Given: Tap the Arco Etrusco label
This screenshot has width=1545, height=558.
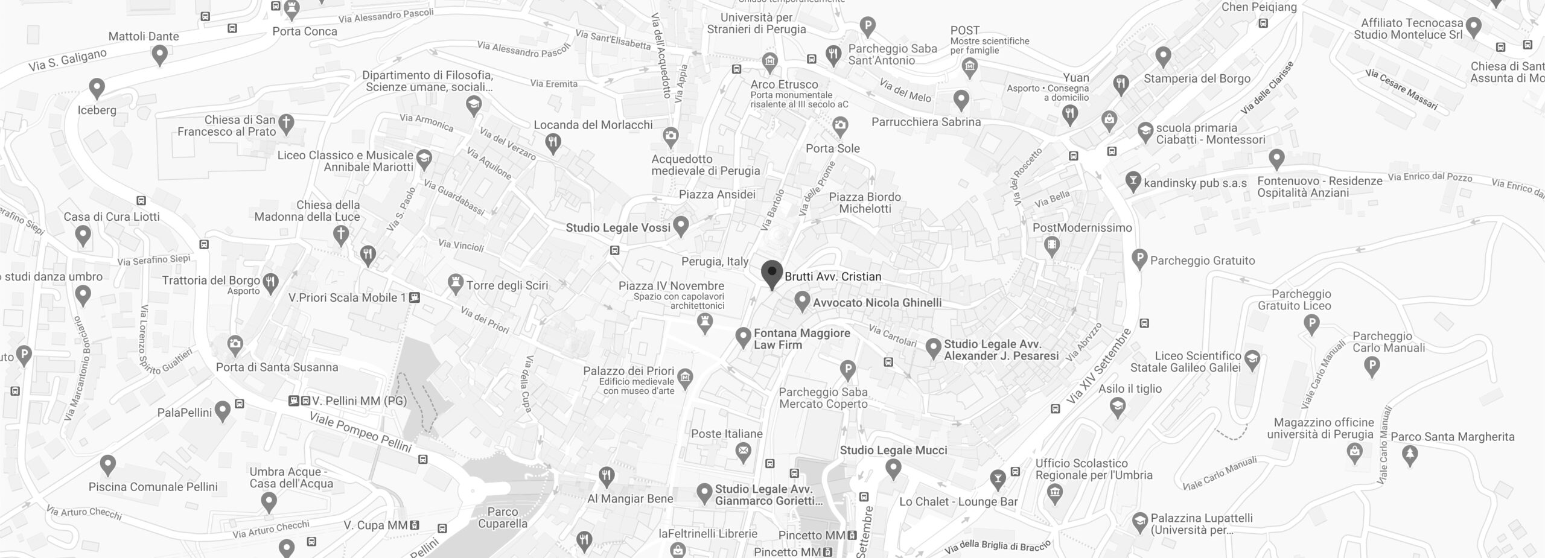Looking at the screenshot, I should coord(784,84).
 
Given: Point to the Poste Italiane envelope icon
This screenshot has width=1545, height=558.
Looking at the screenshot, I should coord(744,450).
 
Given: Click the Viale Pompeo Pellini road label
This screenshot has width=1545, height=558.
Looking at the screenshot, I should coord(360,432).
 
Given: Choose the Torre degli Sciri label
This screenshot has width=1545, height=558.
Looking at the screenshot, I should coord(507,285).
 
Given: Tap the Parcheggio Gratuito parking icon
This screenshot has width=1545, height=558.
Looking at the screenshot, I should coord(1139,259).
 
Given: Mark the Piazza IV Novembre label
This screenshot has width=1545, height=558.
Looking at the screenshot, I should coord(671,286).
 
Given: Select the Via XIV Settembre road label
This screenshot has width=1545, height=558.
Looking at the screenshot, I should coord(1098,367).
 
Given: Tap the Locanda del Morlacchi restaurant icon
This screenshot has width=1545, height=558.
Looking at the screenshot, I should coord(553,143).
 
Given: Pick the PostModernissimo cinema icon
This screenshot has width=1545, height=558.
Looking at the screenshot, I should coord(1052,245).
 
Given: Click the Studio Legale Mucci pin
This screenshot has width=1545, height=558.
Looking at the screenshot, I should coord(893,467).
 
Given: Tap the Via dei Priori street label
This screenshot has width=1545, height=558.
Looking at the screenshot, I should coord(485,320).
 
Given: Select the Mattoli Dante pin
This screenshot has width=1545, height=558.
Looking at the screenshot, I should coord(159,55).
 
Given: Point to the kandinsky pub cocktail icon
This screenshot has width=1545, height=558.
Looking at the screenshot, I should coord(1133,181).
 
